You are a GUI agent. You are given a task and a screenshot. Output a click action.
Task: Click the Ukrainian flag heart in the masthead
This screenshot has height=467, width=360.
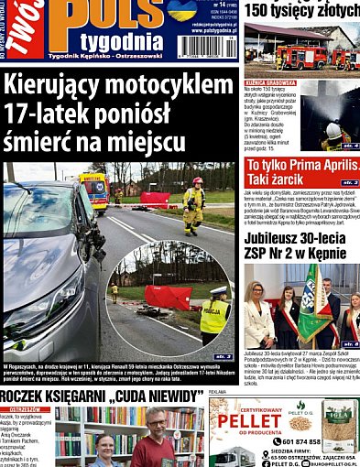pyautogui.click(x=181, y=9)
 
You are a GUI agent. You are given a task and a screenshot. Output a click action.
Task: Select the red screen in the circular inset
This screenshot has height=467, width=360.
pyautogui.click(x=168, y=298)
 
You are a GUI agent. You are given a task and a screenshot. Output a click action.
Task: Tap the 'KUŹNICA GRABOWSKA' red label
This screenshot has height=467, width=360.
pyautogui.click(x=270, y=82)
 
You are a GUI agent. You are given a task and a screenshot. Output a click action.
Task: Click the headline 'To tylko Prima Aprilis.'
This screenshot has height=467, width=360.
pyautogui.click(x=301, y=166)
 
